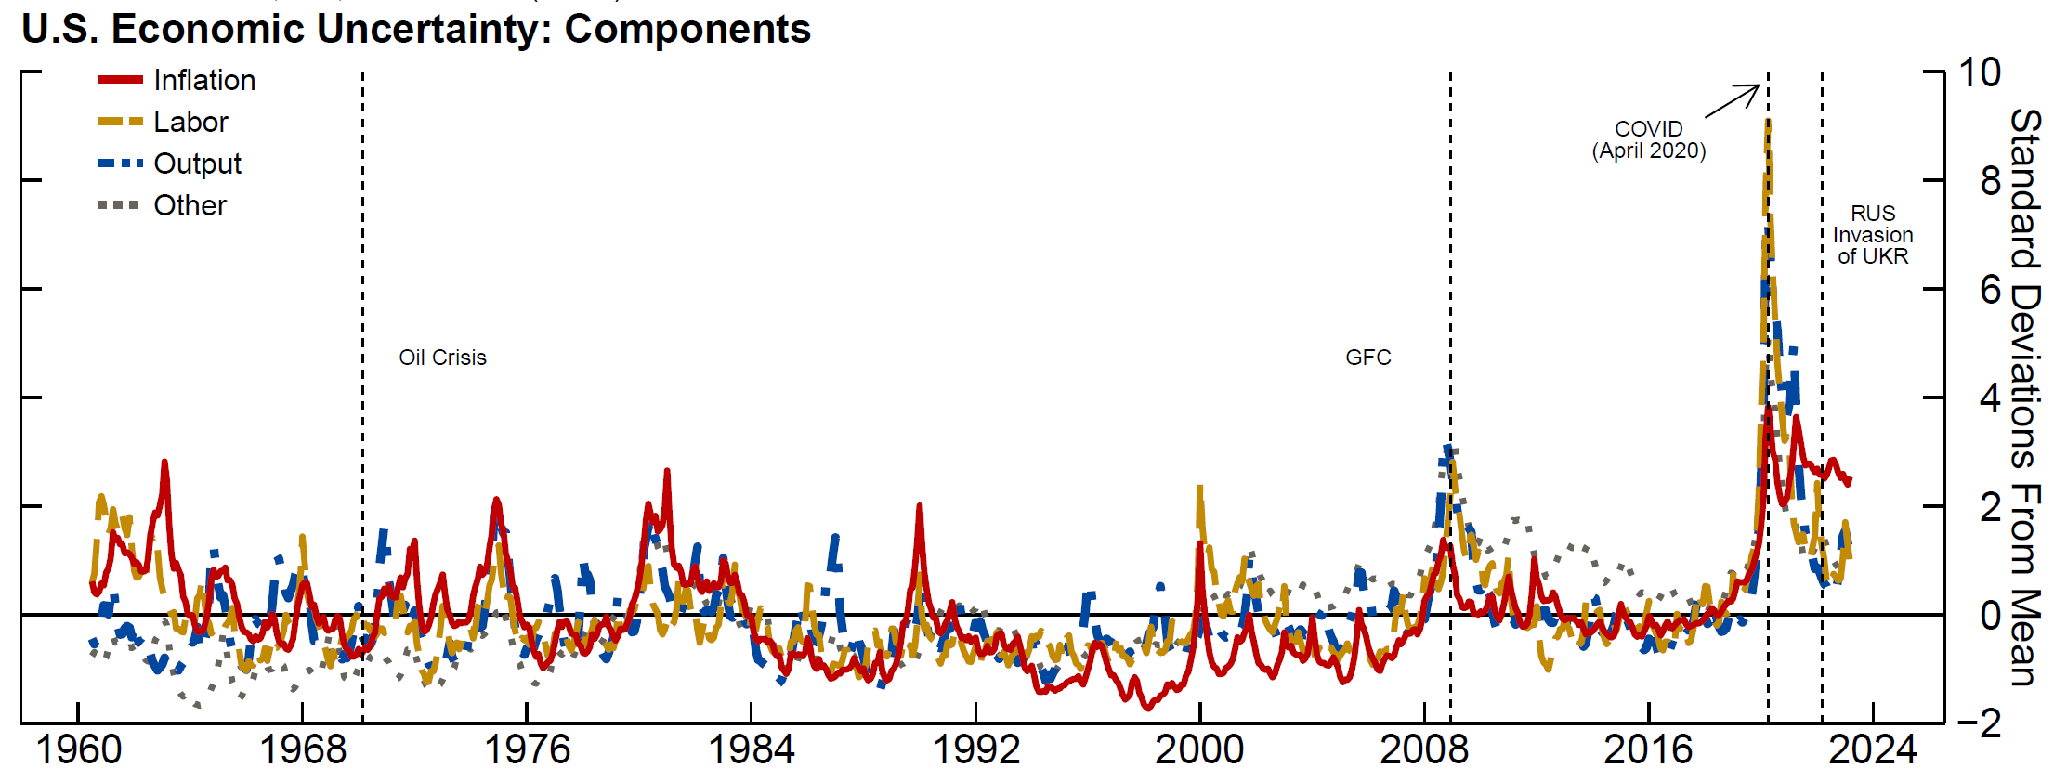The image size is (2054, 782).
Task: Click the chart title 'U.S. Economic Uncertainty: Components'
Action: point(415,30)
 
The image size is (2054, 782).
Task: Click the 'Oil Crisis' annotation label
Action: point(442,358)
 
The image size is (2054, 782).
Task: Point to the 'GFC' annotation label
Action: point(1367,358)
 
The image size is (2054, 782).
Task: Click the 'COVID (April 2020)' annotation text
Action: point(1649,140)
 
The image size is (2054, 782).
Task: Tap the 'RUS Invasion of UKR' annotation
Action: point(1872,235)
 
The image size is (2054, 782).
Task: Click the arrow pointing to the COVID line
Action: point(1733,101)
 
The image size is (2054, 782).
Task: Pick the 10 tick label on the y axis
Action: point(1979,72)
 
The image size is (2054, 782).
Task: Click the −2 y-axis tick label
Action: point(1979,723)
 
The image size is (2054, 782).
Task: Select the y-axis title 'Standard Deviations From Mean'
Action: point(2025,398)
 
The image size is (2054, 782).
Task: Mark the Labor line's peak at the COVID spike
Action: point(1766,123)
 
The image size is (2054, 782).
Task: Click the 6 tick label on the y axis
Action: point(1990,290)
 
